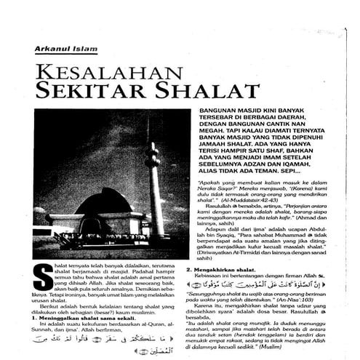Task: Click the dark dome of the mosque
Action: tap(103, 202)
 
